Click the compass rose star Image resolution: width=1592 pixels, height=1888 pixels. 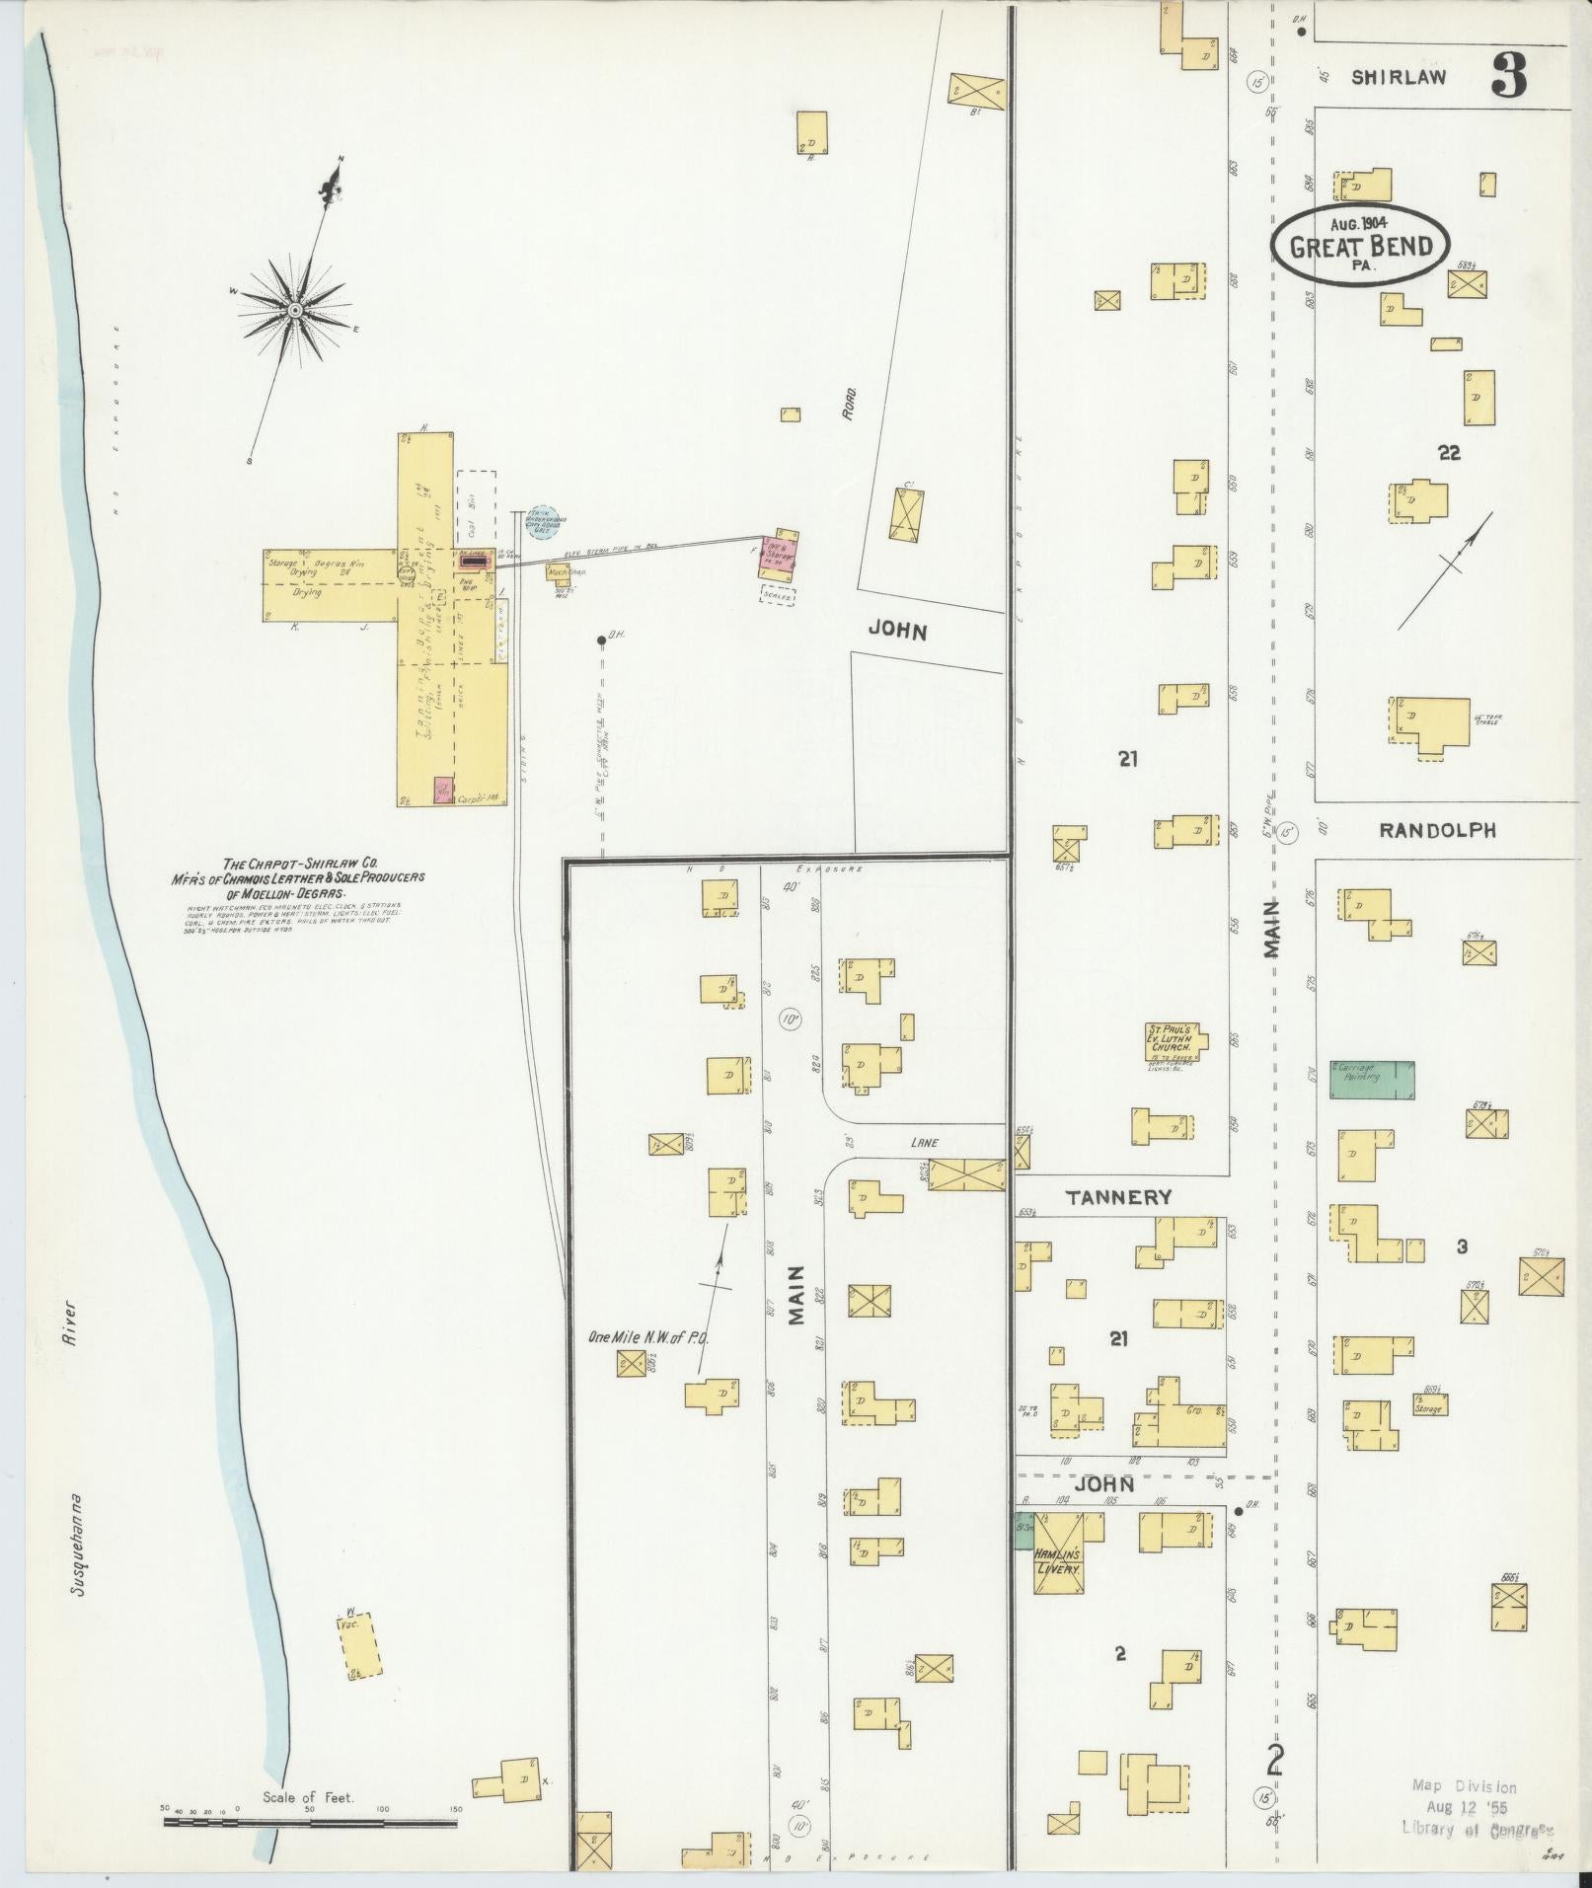pos(295,311)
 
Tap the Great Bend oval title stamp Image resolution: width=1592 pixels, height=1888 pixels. pos(1361,246)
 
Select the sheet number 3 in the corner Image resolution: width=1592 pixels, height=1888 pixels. pos(1509,75)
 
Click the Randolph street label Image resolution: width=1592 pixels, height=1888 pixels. pos(1437,831)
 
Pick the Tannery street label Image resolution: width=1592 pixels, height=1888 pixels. pos(1118,1197)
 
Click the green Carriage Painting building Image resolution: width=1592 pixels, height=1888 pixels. pos(1371,1079)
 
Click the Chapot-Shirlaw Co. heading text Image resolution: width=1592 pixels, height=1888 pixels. pos(296,862)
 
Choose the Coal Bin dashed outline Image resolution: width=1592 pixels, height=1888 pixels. pos(476,508)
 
